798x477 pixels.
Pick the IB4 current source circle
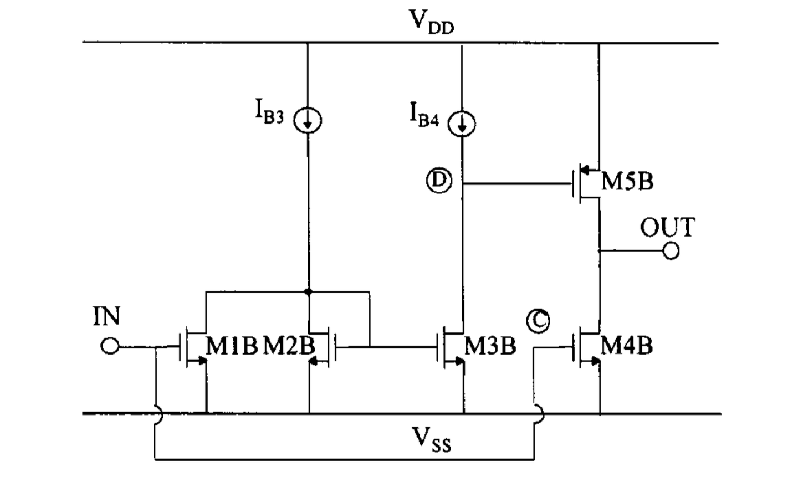tap(462, 123)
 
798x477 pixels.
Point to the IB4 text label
tap(424, 115)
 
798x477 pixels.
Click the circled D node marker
tap(438, 181)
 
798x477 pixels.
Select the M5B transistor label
tap(627, 181)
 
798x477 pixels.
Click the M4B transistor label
tap(627, 346)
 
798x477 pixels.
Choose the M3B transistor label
tap(490, 346)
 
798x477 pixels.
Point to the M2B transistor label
tap(289, 346)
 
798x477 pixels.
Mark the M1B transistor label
tap(232, 346)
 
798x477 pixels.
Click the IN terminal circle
tap(110, 347)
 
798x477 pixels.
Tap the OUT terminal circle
tap(671, 251)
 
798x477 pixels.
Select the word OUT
tap(667, 228)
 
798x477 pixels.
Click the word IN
tap(106, 317)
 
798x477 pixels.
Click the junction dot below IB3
tap(308, 291)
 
